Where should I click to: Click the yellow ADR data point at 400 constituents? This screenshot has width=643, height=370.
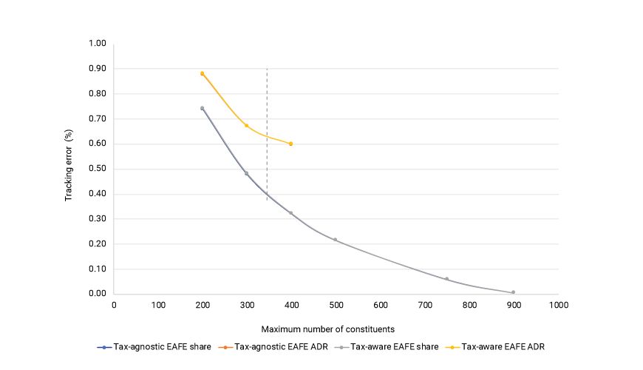[x=291, y=144]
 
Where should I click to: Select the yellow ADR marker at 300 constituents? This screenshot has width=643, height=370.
[x=247, y=126]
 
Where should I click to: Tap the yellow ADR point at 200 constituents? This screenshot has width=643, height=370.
[x=202, y=73]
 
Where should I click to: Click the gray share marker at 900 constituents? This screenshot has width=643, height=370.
[x=513, y=292]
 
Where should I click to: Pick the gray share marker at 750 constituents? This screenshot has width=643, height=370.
[x=446, y=279]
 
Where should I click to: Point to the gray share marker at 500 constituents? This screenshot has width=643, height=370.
[x=336, y=240]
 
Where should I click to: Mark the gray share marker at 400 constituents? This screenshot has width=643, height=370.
[x=291, y=213]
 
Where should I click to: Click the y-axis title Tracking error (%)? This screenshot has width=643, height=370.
[x=68, y=169]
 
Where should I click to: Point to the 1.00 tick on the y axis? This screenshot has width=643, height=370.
[x=98, y=44]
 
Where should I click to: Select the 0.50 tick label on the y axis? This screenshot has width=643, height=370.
[x=98, y=169]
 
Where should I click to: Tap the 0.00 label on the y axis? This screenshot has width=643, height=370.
[x=98, y=294]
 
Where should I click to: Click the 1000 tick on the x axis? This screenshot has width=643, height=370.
[x=558, y=304]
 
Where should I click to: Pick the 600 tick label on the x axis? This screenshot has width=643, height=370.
[x=380, y=304]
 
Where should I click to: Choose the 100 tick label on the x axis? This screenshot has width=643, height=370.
[x=157, y=304]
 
